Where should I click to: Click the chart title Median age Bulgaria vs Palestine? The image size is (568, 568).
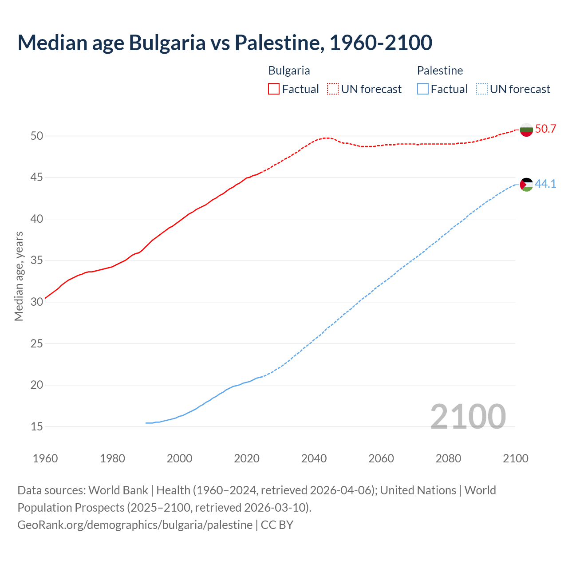pyautogui.click(x=225, y=43)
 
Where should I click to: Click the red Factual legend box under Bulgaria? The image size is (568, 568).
pyautogui.click(x=274, y=89)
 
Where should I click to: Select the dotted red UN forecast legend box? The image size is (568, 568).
pyautogui.click(x=333, y=89)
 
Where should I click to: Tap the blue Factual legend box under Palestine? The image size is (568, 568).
pyautogui.click(x=423, y=89)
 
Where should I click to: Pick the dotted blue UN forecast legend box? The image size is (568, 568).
pyautogui.click(x=482, y=89)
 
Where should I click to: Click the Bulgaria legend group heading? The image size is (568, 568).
pyautogui.click(x=289, y=71)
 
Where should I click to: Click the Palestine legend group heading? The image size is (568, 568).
pyautogui.click(x=440, y=71)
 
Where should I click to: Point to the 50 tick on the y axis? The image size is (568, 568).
pyautogui.click(x=37, y=136)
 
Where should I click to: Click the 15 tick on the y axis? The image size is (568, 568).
pyautogui.click(x=37, y=426)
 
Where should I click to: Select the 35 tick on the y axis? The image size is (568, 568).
pyautogui.click(x=37, y=260)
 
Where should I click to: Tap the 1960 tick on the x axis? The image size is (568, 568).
pyautogui.click(x=45, y=458)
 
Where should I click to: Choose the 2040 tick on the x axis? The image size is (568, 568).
pyautogui.click(x=314, y=458)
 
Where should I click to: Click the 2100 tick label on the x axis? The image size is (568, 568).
pyautogui.click(x=515, y=458)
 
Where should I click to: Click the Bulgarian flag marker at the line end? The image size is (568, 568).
pyautogui.click(x=526, y=130)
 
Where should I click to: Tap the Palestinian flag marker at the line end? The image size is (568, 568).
pyautogui.click(x=526, y=184)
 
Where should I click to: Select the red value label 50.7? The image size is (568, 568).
pyautogui.click(x=545, y=129)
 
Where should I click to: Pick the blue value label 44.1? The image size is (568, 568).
pyautogui.click(x=545, y=184)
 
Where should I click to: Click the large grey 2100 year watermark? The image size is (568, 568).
pyautogui.click(x=468, y=417)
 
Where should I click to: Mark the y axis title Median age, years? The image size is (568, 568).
pyautogui.click(x=19, y=276)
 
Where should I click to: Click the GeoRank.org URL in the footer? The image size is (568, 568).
pyautogui.click(x=135, y=525)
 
